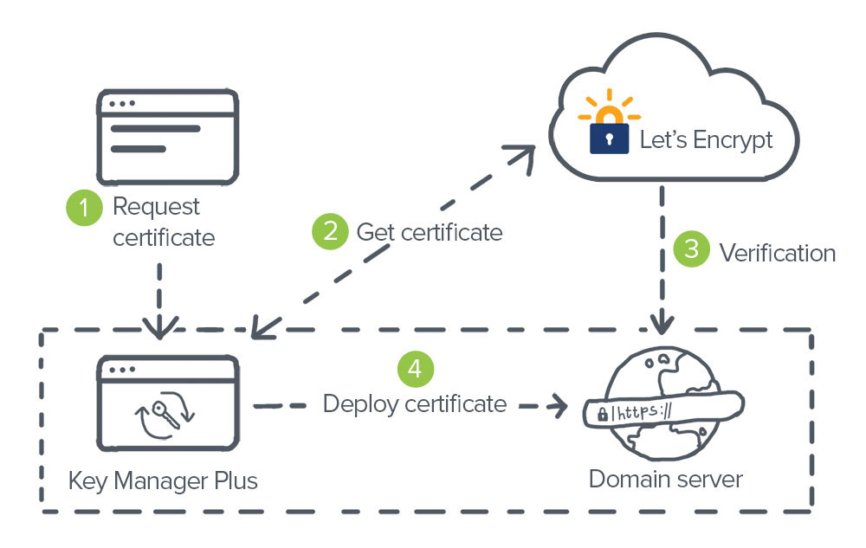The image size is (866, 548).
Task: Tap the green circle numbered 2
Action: [330, 231]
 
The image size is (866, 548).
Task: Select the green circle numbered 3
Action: [692, 250]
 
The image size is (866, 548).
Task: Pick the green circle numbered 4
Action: [415, 369]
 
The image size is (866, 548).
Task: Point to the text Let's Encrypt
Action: [706, 139]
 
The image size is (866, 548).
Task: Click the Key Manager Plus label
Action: [163, 480]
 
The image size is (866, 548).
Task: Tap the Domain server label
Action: [666, 479]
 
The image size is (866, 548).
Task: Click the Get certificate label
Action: [429, 232]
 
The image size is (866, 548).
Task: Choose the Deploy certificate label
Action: [415, 403]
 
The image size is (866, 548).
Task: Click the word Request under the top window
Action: [156, 207]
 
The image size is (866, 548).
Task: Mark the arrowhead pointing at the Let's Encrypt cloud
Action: [525, 154]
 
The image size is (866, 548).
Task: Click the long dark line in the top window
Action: [156, 129]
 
